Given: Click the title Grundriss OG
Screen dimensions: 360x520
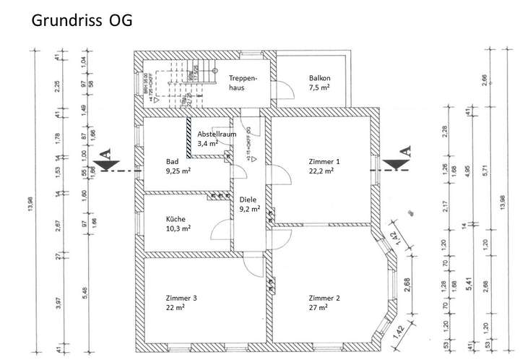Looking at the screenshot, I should pos(82,21).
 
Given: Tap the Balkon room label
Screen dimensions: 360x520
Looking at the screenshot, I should pos(319,77).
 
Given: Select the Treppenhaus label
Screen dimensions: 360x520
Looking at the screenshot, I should pos(243,82).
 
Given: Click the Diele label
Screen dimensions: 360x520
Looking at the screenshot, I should pos(248,199).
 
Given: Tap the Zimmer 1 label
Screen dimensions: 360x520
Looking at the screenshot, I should pos(324,161).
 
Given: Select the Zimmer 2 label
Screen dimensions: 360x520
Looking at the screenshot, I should pos(324,298).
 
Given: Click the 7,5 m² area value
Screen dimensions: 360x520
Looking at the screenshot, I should pos(320,87).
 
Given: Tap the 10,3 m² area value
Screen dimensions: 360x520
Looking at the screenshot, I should pos(178,228).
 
